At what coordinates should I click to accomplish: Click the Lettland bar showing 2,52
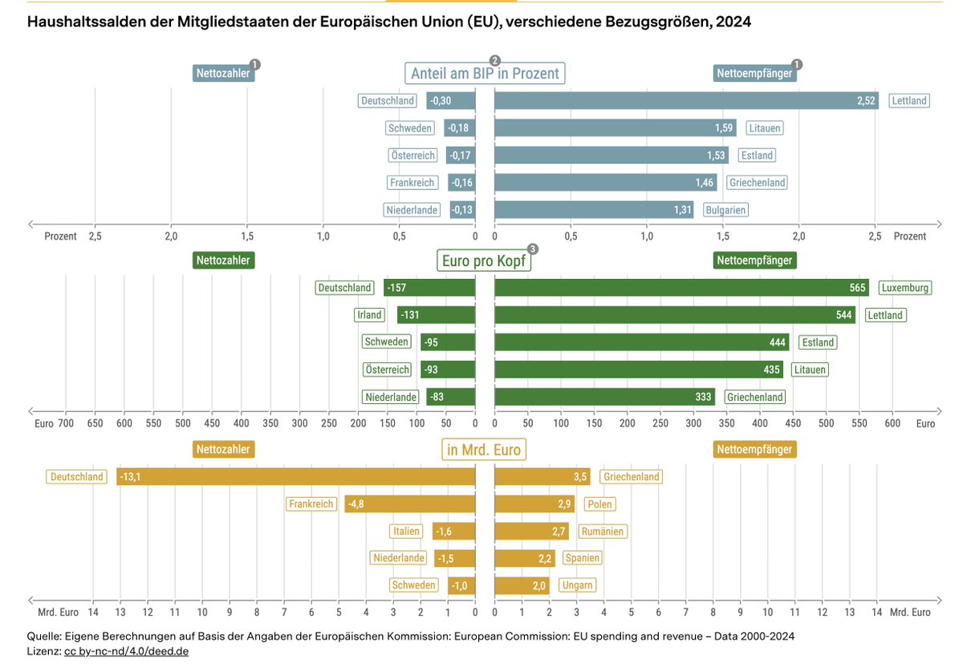pos(687,100)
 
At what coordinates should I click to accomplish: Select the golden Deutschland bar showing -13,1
pos(296,477)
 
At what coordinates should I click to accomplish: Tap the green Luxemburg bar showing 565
pos(682,288)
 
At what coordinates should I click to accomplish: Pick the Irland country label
pos(369,315)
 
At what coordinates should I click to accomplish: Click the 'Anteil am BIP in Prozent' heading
pos(485,74)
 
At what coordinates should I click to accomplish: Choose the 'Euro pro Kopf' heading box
pos(484,261)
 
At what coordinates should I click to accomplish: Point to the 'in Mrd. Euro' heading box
pos(484,450)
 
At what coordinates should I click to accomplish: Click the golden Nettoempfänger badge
pos(754,450)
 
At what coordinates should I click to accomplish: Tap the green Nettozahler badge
pos(224,261)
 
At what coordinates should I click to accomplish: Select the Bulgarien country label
pos(725,210)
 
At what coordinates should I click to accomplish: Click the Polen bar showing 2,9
pos(534,504)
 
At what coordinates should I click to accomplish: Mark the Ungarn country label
pos(577,585)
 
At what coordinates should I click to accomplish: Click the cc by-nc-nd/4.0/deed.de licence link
pos(127,651)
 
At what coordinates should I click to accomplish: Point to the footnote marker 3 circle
pos(533,249)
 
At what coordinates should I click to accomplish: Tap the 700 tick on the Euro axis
pos(66,423)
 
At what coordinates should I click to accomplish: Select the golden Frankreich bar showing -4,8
pos(410,504)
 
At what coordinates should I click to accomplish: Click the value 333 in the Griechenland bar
pos(703,397)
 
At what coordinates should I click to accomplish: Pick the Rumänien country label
pos(603,532)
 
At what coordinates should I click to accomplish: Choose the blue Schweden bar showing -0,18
pos(460,128)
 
